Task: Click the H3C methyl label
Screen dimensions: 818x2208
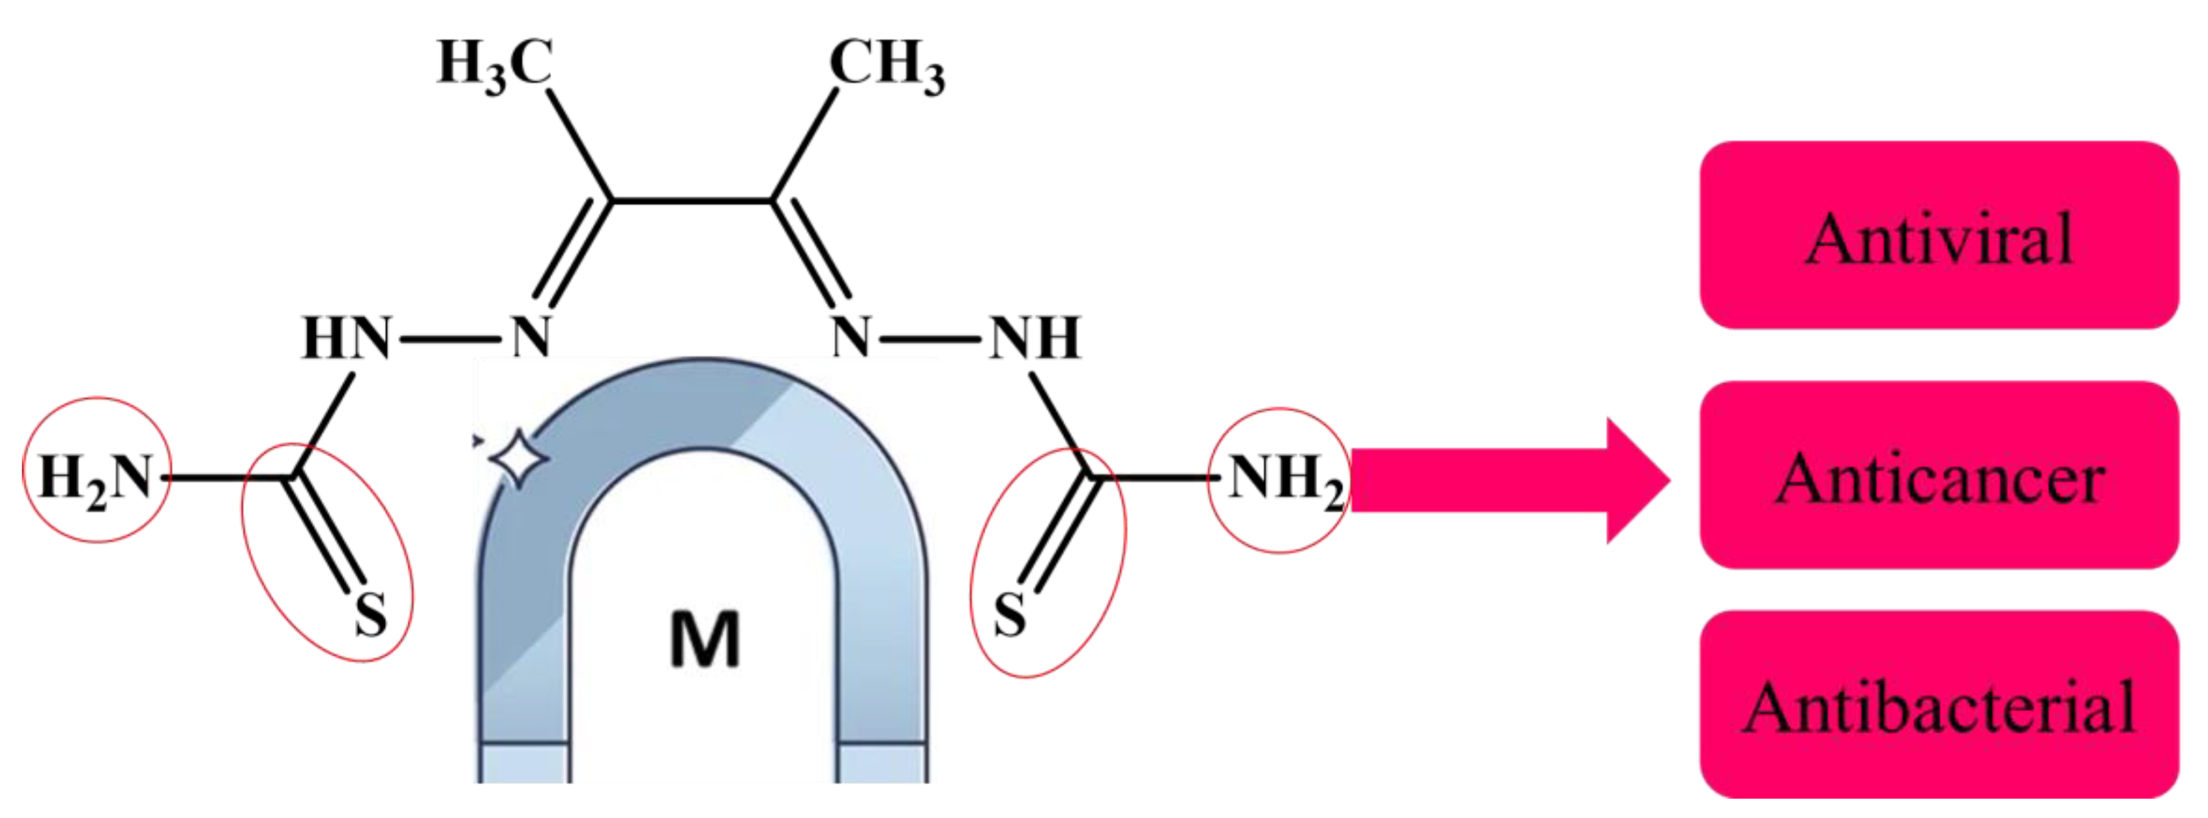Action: (495, 65)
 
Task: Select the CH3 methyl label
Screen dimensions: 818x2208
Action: (887, 65)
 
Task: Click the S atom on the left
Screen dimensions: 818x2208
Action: (370, 614)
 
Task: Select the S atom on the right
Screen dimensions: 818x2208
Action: (1009, 614)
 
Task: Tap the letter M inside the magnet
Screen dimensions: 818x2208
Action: (704, 640)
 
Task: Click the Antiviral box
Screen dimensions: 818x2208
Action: (1939, 236)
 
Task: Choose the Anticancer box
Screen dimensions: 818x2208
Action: (1939, 477)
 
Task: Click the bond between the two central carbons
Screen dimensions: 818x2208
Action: (691, 202)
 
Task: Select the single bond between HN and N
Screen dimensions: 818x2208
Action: (449, 339)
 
